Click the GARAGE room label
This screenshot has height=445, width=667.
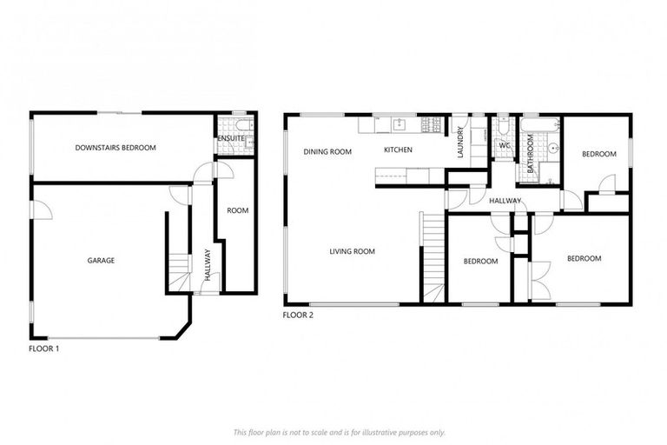click(x=101, y=260)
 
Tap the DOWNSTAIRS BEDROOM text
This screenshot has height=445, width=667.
click(x=116, y=148)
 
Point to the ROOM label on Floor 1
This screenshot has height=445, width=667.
click(x=237, y=210)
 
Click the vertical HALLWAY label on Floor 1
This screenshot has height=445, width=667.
click(x=208, y=263)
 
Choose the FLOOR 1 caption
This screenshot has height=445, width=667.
click(x=44, y=348)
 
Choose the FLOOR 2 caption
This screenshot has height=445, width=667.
click(x=298, y=315)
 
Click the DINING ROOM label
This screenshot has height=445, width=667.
click(x=327, y=151)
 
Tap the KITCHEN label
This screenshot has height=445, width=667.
click(x=398, y=150)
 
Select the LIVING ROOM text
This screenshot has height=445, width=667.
click(x=352, y=252)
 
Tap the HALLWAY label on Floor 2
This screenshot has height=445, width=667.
click(x=505, y=201)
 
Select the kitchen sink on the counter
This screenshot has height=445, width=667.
click(x=399, y=123)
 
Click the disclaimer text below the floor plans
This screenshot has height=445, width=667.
click(x=339, y=432)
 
